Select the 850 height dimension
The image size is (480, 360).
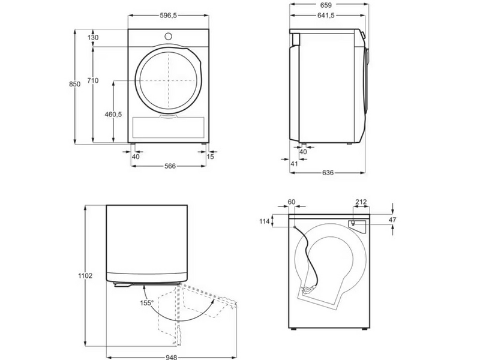[x=74, y=85]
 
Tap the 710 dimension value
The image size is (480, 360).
[x=93, y=80]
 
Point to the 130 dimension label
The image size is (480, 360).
[x=93, y=38]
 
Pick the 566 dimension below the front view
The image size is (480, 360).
[x=170, y=166]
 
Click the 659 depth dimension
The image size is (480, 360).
[x=327, y=5]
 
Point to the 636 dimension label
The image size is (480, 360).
[x=328, y=173]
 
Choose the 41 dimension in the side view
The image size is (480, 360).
[x=294, y=163]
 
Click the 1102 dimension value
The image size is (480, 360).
[x=85, y=275]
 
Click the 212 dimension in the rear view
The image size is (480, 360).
[x=361, y=202]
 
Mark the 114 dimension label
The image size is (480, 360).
[x=263, y=221]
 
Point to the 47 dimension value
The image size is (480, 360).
[x=392, y=220]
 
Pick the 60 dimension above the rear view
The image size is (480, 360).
[x=292, y=202]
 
